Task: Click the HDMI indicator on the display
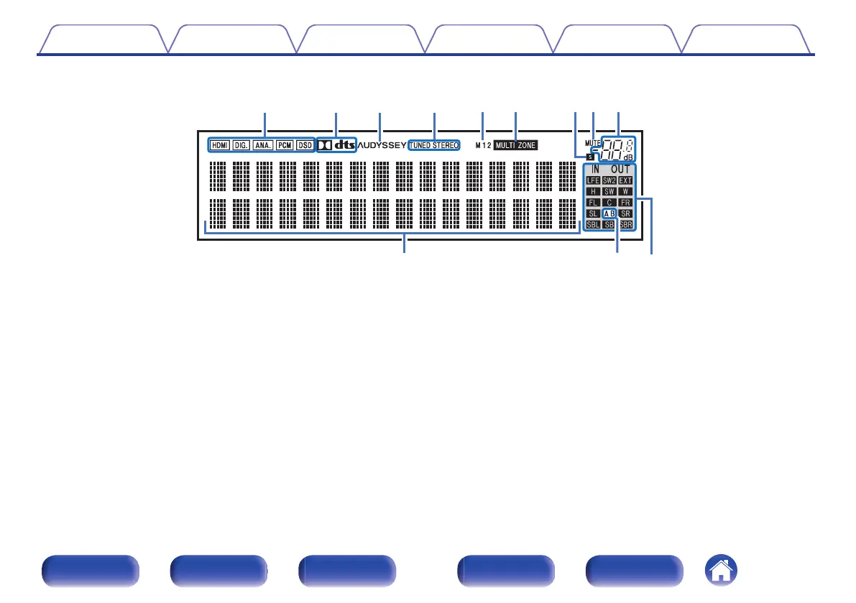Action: tap(219, 145)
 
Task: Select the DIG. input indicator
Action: tap(241, 145)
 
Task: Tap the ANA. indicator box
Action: tap(262, 145)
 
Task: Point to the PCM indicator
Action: tap(285, 145)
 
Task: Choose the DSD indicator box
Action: tap(305, 145)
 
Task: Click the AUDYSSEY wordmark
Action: tap(382, 145)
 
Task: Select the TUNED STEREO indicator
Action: tap(433, 145)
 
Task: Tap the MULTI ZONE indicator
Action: tap(515, 145)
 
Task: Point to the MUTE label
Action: tap(593, 143)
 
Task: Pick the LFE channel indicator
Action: tap(594, 180)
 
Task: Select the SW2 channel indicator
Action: tap(609, 180)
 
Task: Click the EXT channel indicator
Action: tap(625, 180)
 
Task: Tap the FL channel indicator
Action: tap(594, 202)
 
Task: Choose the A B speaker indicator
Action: tap(609, 213)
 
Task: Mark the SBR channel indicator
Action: tap(626, 225)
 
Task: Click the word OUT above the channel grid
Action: tap(620, 170)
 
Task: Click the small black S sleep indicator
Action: tap(590, 156)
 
